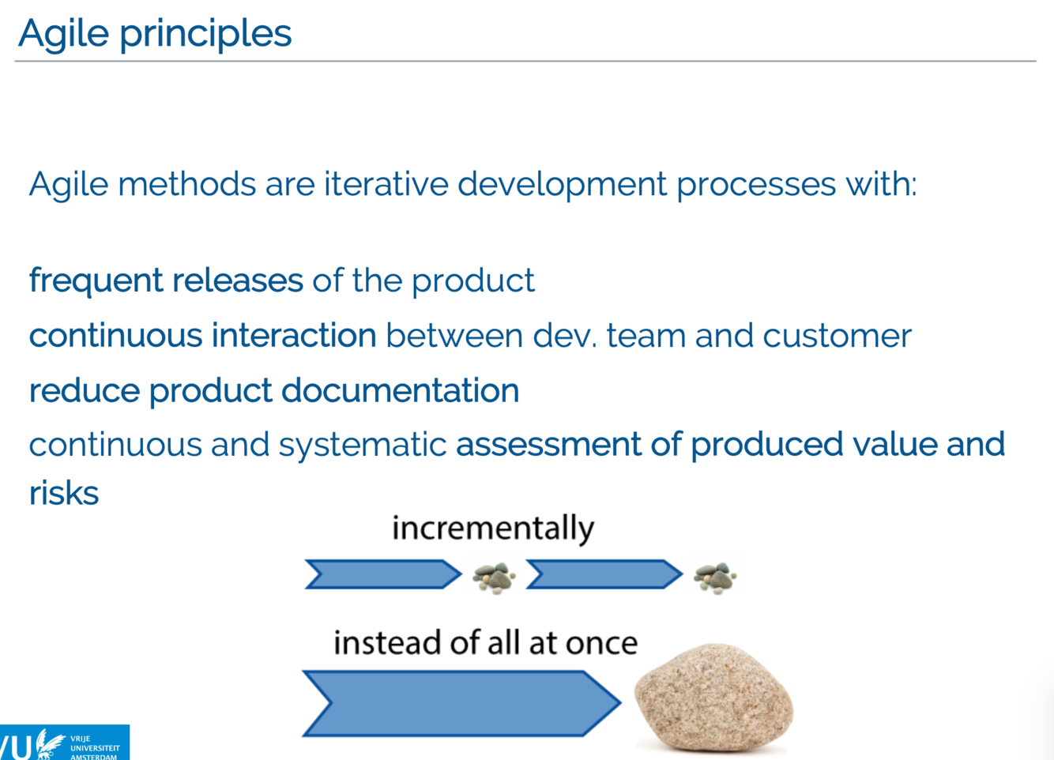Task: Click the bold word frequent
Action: [x=96, y=280]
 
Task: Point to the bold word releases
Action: [x=237, y=280]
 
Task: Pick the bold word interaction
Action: [x=293, y=336]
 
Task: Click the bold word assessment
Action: [x=549, y=444]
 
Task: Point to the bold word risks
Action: [x=64, y=493]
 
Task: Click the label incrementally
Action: [x=492, y=528]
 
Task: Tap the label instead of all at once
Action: [x=485, y=642]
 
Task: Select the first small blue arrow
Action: [x=383, y=574]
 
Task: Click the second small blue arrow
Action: [x=604, y=574]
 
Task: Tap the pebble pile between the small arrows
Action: [x=494, y=578]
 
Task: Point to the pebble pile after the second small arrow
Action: [x=714, y=578]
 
